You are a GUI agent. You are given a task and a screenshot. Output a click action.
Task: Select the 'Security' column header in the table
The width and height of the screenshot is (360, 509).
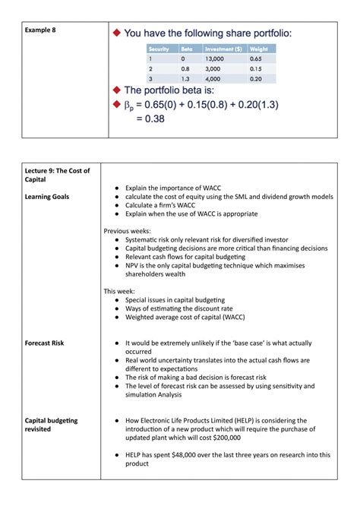pos(160,49)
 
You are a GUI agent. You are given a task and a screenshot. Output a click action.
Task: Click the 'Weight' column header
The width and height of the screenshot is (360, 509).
pos(260,49)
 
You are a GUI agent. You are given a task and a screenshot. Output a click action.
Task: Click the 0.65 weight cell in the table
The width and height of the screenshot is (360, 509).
pos(255,58)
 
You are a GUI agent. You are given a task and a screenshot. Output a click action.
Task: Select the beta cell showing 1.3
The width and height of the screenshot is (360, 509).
pos(186,78)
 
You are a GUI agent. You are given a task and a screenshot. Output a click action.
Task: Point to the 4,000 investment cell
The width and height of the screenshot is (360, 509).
pos(213,78)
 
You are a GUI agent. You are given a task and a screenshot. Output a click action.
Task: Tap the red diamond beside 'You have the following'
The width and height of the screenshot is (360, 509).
pos(116,33)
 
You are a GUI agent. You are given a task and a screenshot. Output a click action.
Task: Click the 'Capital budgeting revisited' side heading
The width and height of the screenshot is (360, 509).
pos(52,425)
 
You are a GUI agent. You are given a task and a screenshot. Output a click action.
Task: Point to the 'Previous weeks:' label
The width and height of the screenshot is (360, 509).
pos(128,230)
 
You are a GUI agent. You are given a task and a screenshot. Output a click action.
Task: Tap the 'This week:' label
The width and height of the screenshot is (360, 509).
pos(120,290)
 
